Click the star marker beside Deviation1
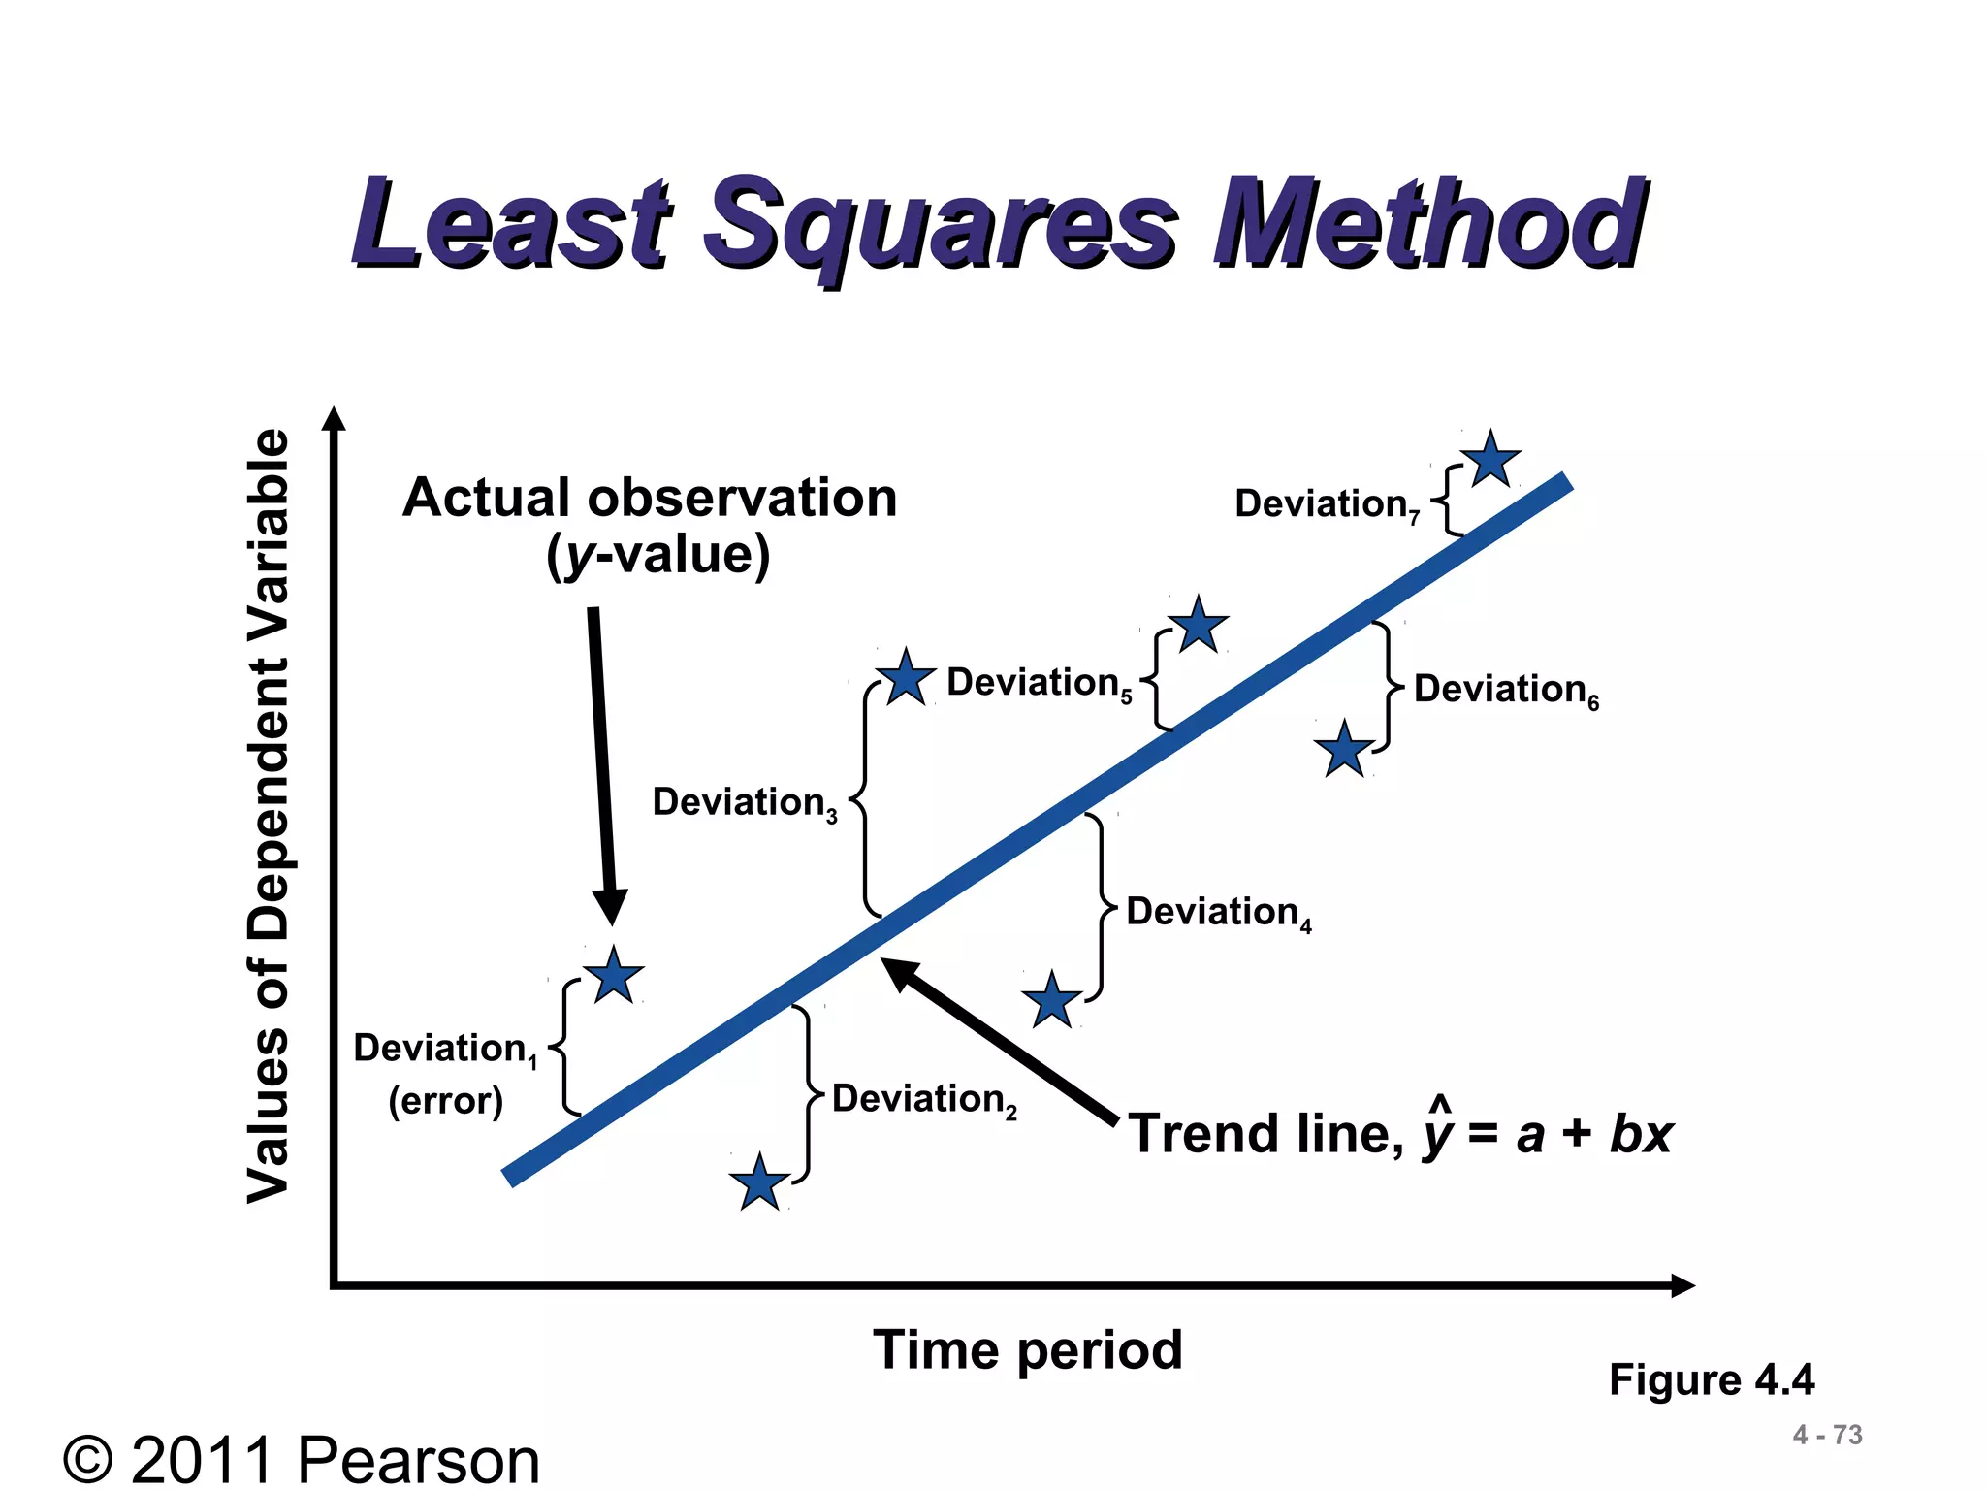pos(613,977)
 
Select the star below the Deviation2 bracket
pos(758,1183)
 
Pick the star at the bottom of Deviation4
pos(1051,1001)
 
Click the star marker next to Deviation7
pos(1489,460)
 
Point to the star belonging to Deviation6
pos(1344,750)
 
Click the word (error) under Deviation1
pos(445,1101)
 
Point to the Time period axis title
pos(1027,1349)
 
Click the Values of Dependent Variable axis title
pos(269,815)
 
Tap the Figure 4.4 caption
pos(1711,1379)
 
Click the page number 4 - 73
pos(1827,1435)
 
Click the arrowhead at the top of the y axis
pos(334,419)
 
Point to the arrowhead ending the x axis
pos(1682,1285)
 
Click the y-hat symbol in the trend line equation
pos(1439,1128)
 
